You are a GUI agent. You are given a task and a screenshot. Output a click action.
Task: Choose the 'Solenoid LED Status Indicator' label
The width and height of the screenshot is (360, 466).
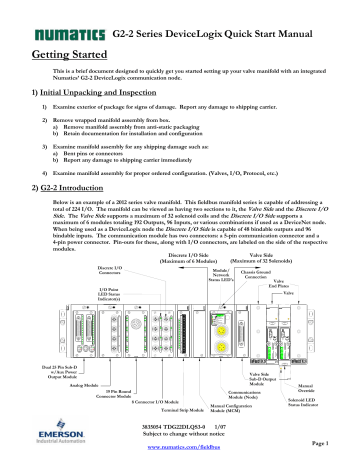[x=334, y=405]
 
